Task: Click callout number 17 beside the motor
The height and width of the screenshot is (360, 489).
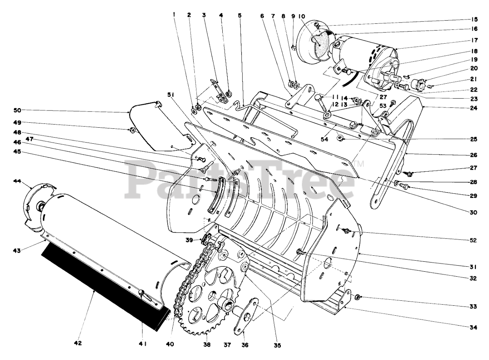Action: [x=474, y=39]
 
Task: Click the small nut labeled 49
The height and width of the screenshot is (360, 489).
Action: [x=132, y=130]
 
